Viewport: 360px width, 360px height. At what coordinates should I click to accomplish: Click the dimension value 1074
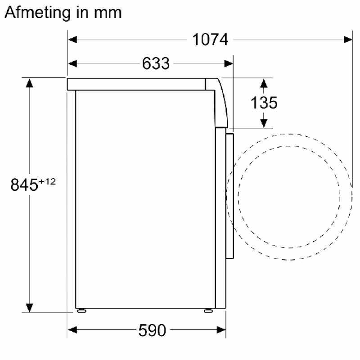210,40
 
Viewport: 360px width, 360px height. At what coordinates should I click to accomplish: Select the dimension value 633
156,63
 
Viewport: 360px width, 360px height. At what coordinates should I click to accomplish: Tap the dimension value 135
264,103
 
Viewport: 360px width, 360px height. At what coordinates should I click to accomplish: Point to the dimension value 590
152,330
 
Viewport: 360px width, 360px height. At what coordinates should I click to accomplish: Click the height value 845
24,184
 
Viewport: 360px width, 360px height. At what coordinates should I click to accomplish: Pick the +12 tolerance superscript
47,182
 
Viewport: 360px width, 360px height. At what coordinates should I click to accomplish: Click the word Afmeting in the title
37,13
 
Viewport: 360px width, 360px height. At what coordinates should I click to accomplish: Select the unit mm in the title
108,13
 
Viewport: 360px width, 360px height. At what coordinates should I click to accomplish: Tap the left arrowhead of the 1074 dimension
72,40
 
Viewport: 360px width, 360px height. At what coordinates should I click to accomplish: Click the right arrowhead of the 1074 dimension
348,40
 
